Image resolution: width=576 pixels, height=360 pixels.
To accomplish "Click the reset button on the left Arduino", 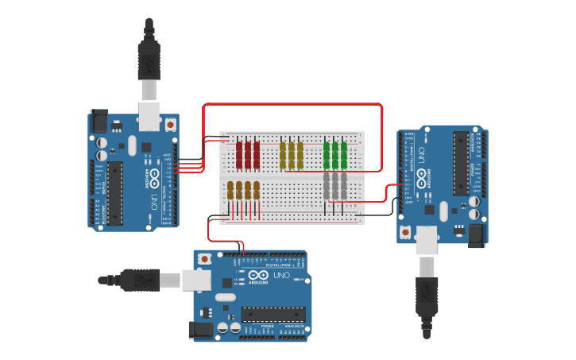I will pos(170,125).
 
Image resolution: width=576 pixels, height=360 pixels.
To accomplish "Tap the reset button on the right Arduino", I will pos(406,232).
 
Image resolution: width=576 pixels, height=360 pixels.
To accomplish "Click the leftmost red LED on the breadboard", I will pos(239,154).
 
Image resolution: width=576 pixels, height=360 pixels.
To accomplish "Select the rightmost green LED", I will pos(344,154).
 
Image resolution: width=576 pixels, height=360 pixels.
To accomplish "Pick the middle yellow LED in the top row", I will pos(292,154).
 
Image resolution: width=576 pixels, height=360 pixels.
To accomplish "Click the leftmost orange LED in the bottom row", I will pos(230,191).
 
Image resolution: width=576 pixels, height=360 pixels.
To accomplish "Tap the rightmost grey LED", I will pos(344,186).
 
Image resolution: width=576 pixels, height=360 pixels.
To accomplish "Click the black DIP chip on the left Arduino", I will pos(116,193).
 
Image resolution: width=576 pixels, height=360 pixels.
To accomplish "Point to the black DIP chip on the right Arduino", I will pos(460,163).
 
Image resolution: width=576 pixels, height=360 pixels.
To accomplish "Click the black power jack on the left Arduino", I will pos(99,121).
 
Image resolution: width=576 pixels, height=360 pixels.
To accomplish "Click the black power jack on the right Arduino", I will pos(477,234).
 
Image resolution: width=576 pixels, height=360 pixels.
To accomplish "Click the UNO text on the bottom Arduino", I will pos(282,275).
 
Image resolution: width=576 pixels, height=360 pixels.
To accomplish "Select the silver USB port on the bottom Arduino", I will pos(195,280).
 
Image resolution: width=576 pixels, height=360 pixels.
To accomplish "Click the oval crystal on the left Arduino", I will pos(131,145).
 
